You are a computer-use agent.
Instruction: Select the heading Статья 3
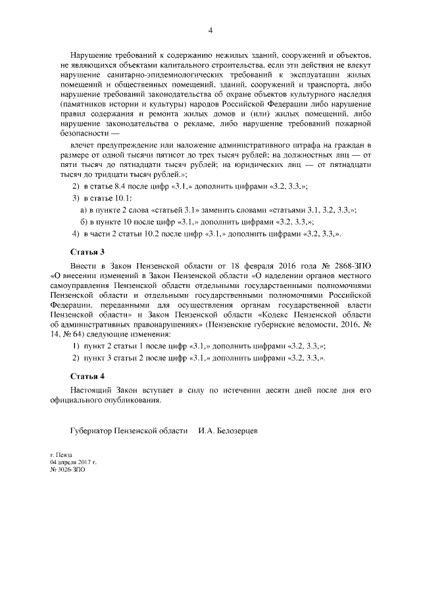coord(87,252)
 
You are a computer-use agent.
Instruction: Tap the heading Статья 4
coord(87,376)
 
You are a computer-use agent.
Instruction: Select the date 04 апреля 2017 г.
coord(73,462)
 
